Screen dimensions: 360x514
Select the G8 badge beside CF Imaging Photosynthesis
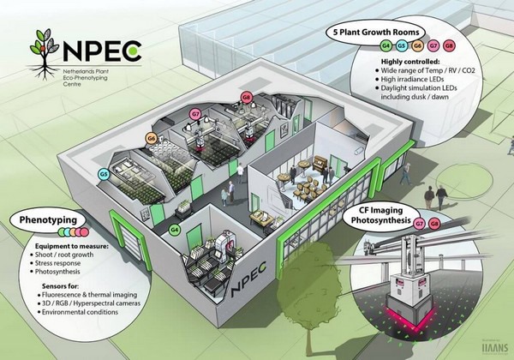[x=433, y=224]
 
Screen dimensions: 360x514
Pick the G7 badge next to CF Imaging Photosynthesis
[x=418, y=224]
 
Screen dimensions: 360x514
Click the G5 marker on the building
[x=103, y=174]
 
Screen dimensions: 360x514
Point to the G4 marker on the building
[x=175, y=230]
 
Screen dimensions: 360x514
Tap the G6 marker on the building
[x=151, y=137]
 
